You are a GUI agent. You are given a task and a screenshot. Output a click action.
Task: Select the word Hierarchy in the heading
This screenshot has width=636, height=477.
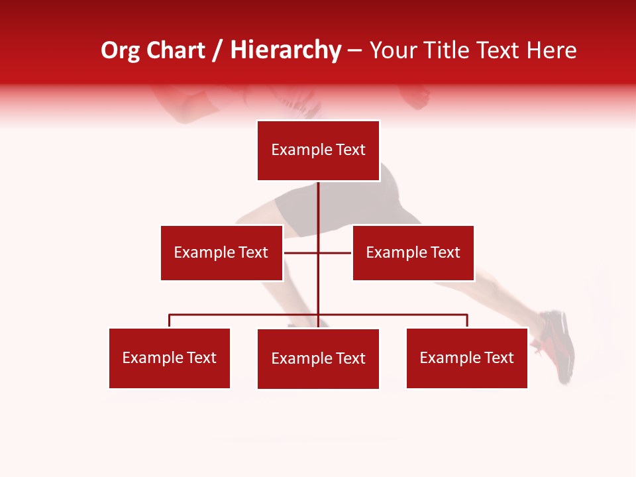[x=286, y=50]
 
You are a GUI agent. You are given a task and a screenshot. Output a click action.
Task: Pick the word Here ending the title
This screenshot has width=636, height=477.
[x=551, y=50]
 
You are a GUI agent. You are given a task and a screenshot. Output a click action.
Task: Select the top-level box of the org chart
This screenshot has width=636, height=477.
[x=318, y=150]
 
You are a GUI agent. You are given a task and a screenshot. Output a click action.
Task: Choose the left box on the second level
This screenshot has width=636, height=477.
[x=221, y=252]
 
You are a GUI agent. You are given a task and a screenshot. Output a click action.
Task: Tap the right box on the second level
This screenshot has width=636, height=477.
[x=413, y=252]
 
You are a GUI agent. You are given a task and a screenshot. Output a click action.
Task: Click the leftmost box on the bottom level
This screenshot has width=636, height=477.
[x=170, y=358]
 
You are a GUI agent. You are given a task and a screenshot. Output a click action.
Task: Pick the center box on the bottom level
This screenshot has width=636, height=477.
[x=318, y=358]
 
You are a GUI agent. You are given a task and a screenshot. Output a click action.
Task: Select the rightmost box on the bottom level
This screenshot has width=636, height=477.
[x=466, y=358]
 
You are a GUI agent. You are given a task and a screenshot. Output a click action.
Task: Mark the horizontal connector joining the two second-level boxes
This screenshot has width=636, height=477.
[x=301, y=252]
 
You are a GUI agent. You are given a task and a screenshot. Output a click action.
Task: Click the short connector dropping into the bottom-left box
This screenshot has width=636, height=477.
[x=170, y=321]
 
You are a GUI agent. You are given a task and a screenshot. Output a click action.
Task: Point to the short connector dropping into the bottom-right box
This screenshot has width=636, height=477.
[x=467, y=321]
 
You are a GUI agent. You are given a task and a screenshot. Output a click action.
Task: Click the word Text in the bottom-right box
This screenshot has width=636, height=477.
[x=500, y=358]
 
